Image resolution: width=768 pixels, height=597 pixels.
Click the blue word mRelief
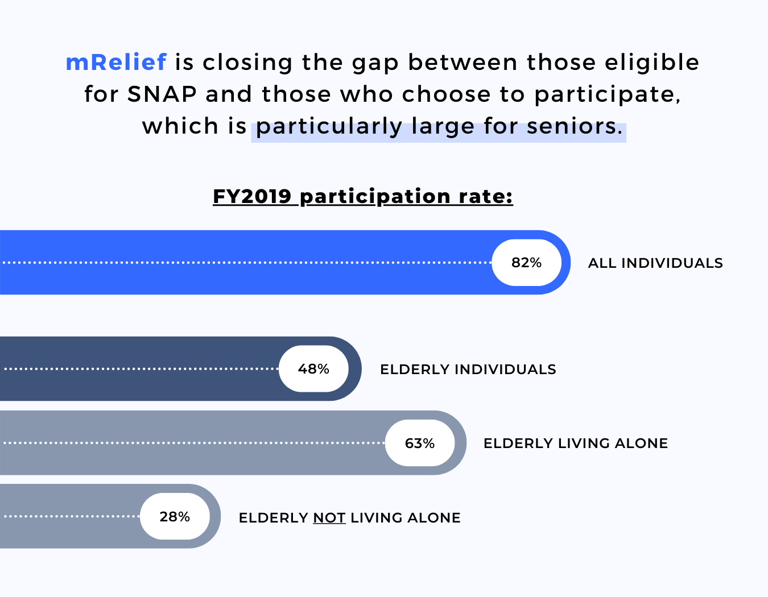(116, 62)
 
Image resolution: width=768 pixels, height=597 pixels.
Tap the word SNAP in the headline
(162, 94)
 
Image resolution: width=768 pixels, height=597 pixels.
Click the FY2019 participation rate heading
(363, 196)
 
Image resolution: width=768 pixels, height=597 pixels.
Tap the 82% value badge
(526, 263)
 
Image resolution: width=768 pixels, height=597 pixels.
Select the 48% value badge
(313, 369)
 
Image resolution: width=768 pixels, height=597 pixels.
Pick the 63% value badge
(420, 443)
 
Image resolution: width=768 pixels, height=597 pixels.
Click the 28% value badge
(175, 516)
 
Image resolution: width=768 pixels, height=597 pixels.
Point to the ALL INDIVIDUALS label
(655, 263)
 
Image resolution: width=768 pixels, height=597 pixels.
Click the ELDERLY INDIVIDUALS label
(468, 370)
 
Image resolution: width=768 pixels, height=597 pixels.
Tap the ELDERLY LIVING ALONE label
(575, 443)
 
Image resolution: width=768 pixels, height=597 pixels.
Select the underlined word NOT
(329, 518)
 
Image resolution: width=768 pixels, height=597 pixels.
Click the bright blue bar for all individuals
(245, 279)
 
